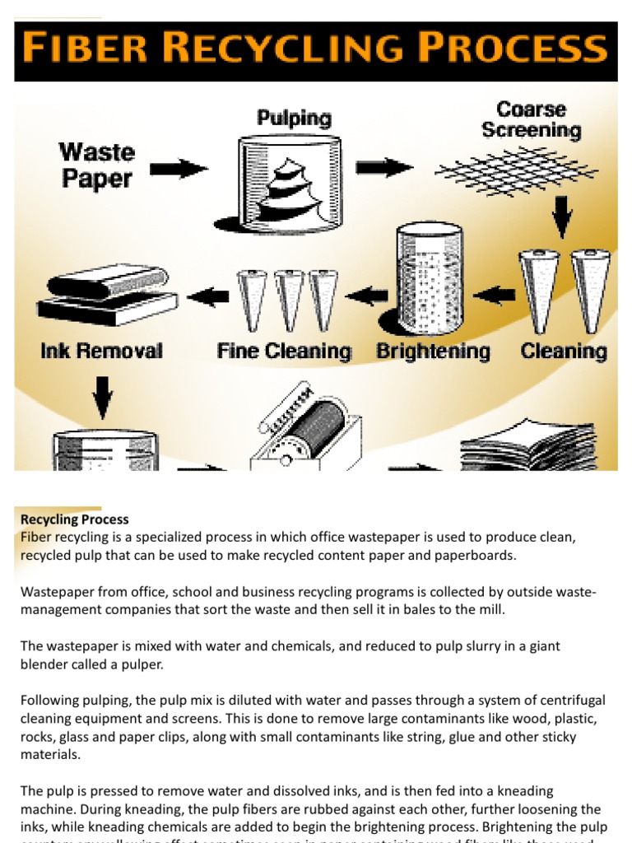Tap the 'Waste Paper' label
97,165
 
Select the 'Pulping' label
293,119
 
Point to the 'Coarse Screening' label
531,120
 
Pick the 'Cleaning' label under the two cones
564,352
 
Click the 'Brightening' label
433,352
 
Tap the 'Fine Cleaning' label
284,352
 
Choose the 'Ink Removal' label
101,352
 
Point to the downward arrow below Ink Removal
102,394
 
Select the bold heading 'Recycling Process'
74,519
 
